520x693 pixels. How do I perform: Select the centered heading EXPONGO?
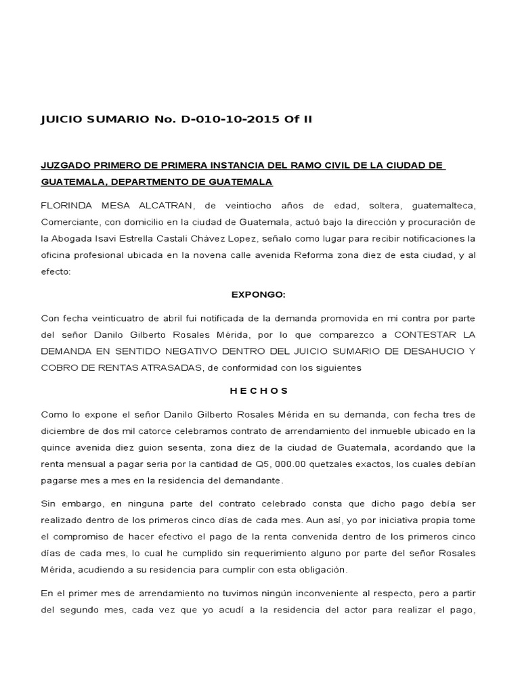259,295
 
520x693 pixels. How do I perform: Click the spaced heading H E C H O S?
259,390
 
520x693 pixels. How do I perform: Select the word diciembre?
64,430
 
